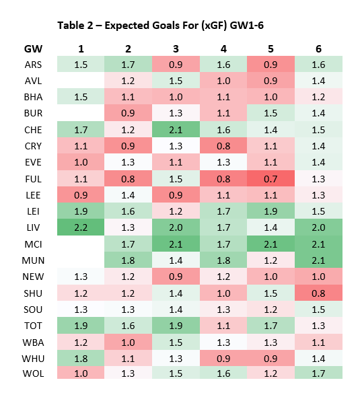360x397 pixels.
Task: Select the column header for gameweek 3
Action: pyautogui.click(x=176, y=49)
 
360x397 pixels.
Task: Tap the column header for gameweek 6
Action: pyautogui.click(x=318, y=49)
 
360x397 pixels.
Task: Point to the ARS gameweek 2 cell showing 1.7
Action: pyautogui.click(x=129, y=65)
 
